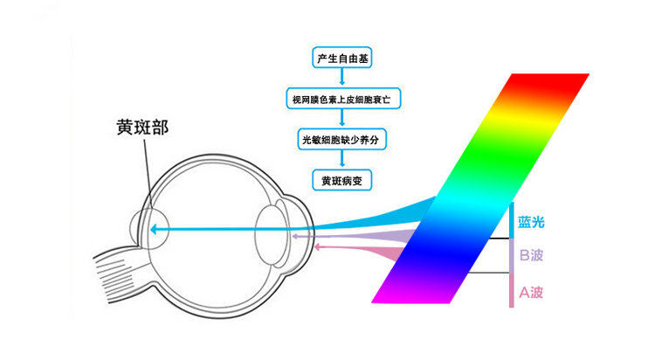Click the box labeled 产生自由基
(x=341, y=59)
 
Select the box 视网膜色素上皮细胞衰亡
(x=341, y=100)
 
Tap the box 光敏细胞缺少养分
(x=341, y=140)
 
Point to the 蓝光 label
(x=531, y=222)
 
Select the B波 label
(x=531, y=256)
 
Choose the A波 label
(x=531, y=292)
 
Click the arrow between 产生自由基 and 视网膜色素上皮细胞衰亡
(x=341, y=80)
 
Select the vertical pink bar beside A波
(x=512, y=289)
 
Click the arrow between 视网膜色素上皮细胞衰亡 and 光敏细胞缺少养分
(x=341, y=120)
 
